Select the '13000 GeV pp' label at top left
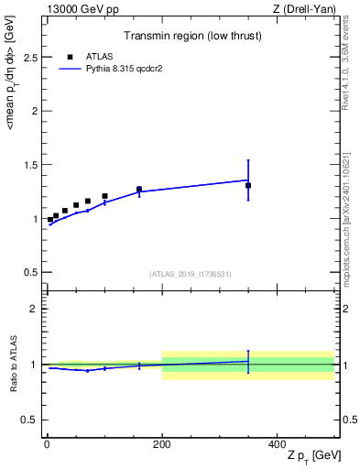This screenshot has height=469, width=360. click(x=79, y=9)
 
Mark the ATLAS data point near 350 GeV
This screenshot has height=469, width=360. click(x=248, y=185)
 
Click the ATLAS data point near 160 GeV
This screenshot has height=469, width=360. click(x=139, y=189)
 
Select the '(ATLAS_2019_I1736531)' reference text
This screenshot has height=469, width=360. click(x=191, y=274)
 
